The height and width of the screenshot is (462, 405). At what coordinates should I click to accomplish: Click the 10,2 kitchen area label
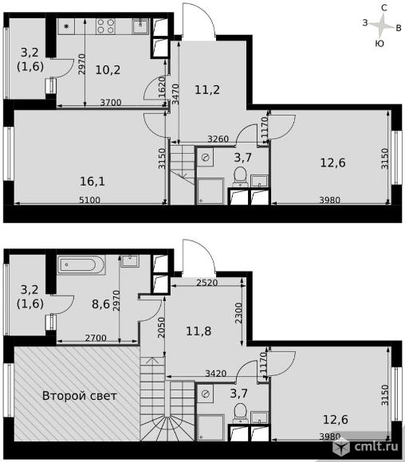[x=108, y=69]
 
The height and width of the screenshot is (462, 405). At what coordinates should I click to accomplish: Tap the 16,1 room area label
[x=93, y=182]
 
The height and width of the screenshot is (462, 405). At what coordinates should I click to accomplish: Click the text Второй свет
[x=80, y=396]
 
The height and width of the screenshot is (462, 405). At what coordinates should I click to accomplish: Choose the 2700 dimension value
[x=93, y=339]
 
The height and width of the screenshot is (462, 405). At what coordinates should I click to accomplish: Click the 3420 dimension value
[x=216, y=371]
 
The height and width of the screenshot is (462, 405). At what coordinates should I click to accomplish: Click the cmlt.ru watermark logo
[x=368, y=446]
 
